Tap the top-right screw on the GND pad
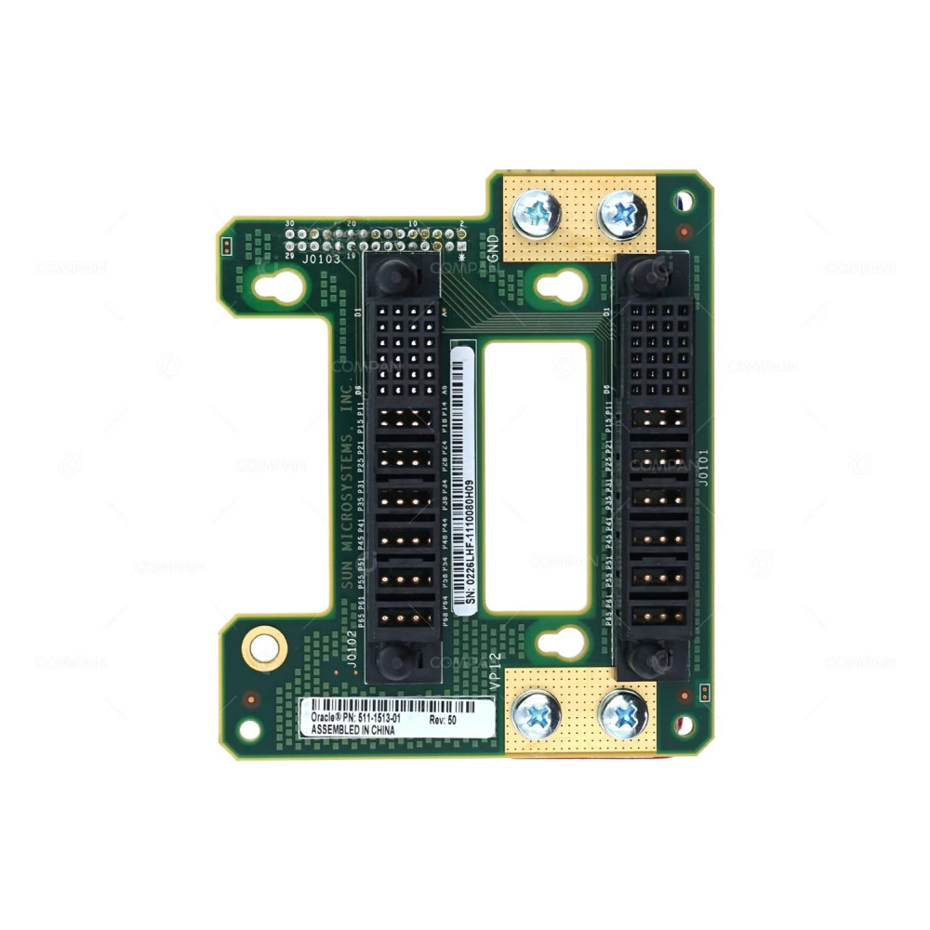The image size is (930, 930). point(623,214)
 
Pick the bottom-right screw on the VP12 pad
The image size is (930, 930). point(623,714)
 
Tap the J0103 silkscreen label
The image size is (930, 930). point(321,259)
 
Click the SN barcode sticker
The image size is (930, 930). point(469,478)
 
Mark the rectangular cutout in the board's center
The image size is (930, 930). point(537,475)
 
